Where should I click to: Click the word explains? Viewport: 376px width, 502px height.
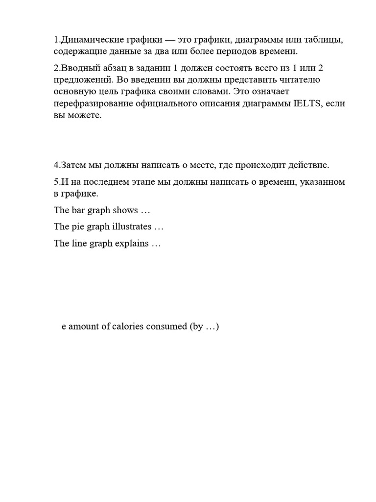(132, 243)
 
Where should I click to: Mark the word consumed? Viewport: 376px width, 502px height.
(166, 326)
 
